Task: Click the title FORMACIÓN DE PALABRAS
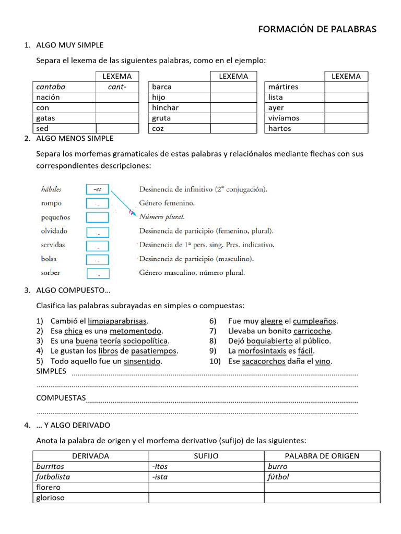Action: tap(317, 30)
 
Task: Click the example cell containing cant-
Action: tap(117, 87)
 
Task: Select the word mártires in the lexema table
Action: tap(283, 87)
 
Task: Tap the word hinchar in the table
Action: tap(165, 107)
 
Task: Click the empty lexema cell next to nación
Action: tap(117, 97)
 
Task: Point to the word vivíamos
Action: tap(284, 118)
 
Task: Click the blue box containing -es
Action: tap(97, 189)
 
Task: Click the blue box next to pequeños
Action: tap(97, 217)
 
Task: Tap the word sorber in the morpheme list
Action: tap(51, 272)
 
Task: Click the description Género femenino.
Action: tap(167, 203)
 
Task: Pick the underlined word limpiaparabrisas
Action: tap(117, 321)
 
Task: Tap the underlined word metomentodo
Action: tap(136, 331)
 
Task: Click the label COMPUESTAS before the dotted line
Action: tap(61, 398)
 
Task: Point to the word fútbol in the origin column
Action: tap(278, 477)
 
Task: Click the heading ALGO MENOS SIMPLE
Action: tap(74, 139)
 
